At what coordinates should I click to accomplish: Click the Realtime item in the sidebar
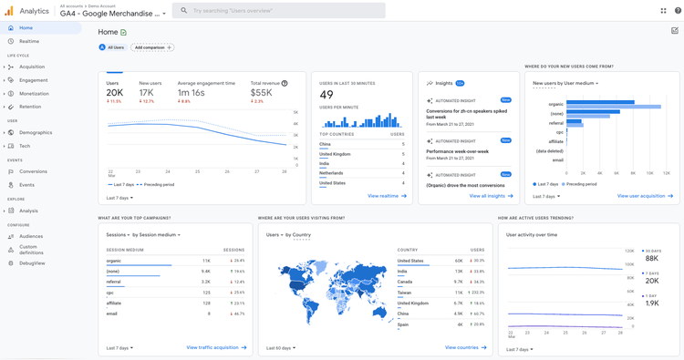coord(29,41)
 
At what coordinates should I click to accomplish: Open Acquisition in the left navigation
coord(32,67)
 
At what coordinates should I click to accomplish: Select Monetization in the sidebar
coord(34,94)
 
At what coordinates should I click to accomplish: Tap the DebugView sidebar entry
coord(32,263)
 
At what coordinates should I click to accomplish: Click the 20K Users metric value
coord(115,92)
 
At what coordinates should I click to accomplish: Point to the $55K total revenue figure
coord(262,92)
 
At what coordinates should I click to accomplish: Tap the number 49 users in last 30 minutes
coord(326,95)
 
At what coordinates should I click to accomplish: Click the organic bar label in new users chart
coord(555,104)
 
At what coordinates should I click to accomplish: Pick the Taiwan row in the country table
coord(404,293)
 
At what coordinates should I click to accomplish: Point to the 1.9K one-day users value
coord(652,303)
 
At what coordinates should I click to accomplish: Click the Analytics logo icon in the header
coord(9,11)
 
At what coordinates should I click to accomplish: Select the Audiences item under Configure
coord(31,236)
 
